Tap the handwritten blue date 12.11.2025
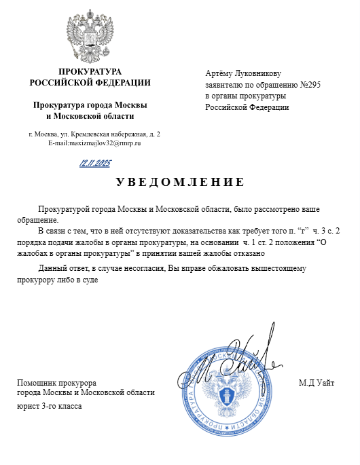coord(95,164)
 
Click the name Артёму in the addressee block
coord(218,73)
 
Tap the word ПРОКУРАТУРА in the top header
coord(90,72)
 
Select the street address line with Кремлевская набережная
coord(94,134)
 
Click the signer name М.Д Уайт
coord(317,383)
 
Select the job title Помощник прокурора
coord(56,383)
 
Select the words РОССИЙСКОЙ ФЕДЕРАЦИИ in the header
coord(90,83)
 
